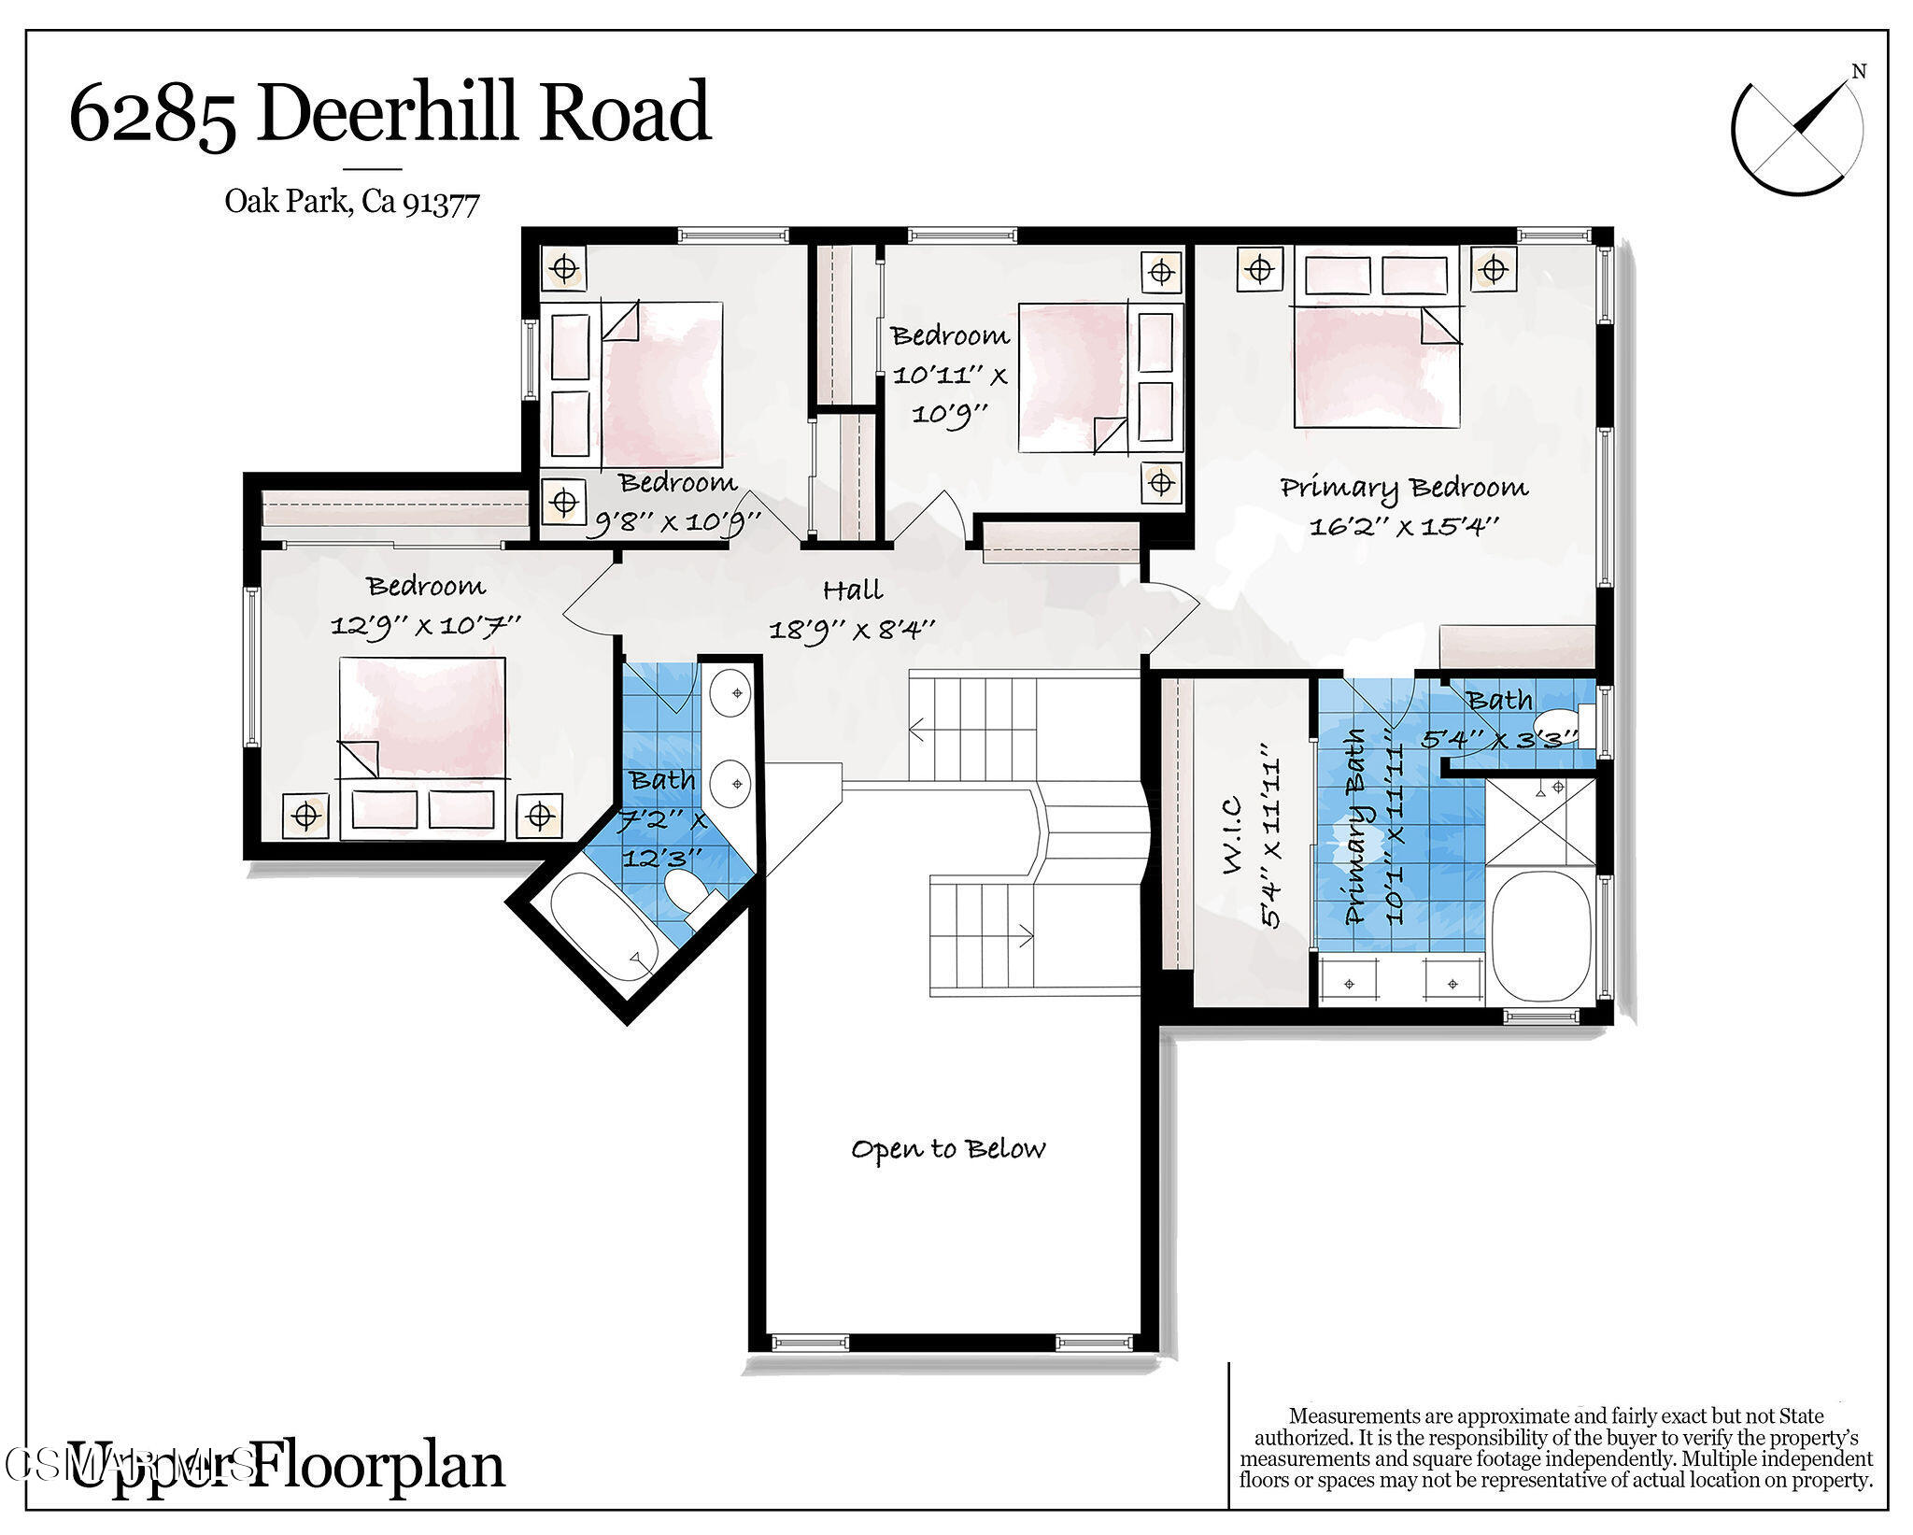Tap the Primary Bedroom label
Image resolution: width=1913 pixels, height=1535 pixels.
pyautogui.click(x=1403, y=488)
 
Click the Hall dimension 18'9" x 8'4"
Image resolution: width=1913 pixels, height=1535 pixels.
pyautogui.click(x=851, y=630)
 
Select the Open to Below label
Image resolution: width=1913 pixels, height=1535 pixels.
pyautogui.click(x=947, y=1148)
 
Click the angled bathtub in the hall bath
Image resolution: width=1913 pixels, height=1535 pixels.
pyautogui.click(x=602, y=926)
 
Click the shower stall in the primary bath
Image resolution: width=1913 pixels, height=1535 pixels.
pyautogui.click(x=1539, y=819)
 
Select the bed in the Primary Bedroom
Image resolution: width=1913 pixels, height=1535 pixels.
pyautogui.click(x=1376, y=364)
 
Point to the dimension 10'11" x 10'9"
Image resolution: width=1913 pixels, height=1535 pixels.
pyautogui.click(x=949, y=393)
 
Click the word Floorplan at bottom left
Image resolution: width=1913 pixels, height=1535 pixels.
pyautogui.click(x=378, y=1465)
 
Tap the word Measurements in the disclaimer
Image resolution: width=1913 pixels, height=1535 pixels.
pyautogui.click(x=1350, y=1416)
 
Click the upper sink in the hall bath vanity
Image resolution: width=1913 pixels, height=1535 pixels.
pyautogui.click(x=730, y=693)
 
